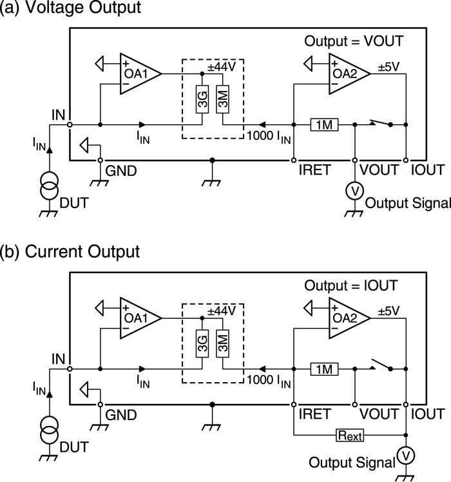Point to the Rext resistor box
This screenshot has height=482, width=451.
[x=349, y=436]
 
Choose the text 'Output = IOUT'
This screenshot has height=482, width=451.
[x=351, y=285]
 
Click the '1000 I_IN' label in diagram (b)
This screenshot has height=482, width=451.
[x=267, y=381]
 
